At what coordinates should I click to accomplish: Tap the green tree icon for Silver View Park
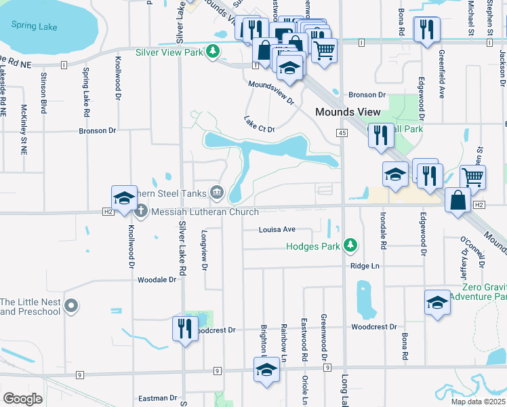point(214,52)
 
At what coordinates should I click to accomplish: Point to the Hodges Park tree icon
point(350,245)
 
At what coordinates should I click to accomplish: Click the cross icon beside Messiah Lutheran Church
point(141,211)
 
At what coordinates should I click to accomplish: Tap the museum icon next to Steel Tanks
point(216,193)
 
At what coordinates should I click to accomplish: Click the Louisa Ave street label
point(277,229)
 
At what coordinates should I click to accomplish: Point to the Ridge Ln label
point(365,266)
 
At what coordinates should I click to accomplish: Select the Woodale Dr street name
point(157,279)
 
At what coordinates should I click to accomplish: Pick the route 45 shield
point(342,134)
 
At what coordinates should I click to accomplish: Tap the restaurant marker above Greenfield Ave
point(426,29)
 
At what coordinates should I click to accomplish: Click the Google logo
point(22,398)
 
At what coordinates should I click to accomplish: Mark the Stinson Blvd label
point(43,92)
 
